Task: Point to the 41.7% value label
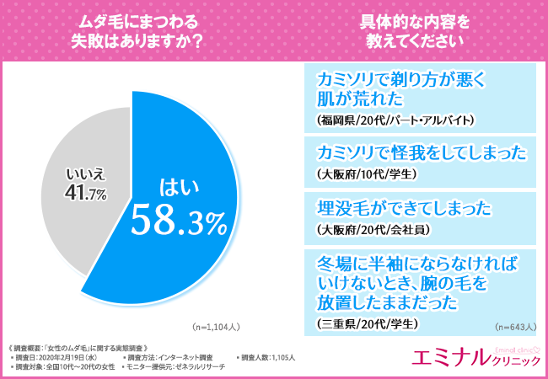pyautogui.click(x=82, y=195)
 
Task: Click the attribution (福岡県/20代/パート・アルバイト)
pyautogui.click(x=395, y=120)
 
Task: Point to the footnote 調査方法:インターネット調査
pyautogui.click(x=168, y=357)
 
